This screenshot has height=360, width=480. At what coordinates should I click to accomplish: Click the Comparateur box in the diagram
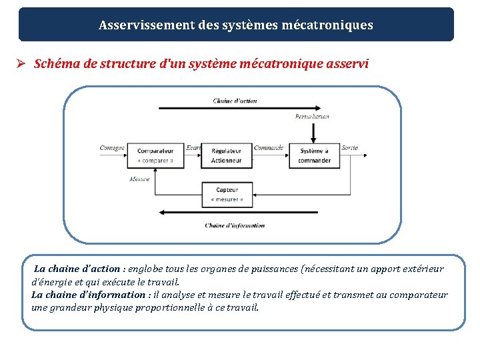155,155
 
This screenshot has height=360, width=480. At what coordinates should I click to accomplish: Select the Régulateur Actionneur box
226,155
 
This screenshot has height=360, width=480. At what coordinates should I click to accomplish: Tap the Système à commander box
314,155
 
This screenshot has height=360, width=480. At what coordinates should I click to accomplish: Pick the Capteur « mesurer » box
227,194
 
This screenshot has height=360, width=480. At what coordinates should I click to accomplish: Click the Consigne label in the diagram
112,148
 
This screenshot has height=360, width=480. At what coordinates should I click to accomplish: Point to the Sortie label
349,148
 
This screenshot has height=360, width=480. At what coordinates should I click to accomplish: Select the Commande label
268,148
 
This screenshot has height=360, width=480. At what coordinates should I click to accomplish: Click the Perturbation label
312,117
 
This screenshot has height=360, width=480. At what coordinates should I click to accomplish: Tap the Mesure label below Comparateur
139,179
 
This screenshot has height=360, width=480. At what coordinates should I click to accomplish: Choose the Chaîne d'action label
235,101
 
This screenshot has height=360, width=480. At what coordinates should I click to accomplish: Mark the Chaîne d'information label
235,225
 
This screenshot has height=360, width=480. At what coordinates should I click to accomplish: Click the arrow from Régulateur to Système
270,155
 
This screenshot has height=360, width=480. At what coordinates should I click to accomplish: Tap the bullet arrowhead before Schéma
21,64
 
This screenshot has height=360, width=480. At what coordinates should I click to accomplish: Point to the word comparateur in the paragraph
419,295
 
